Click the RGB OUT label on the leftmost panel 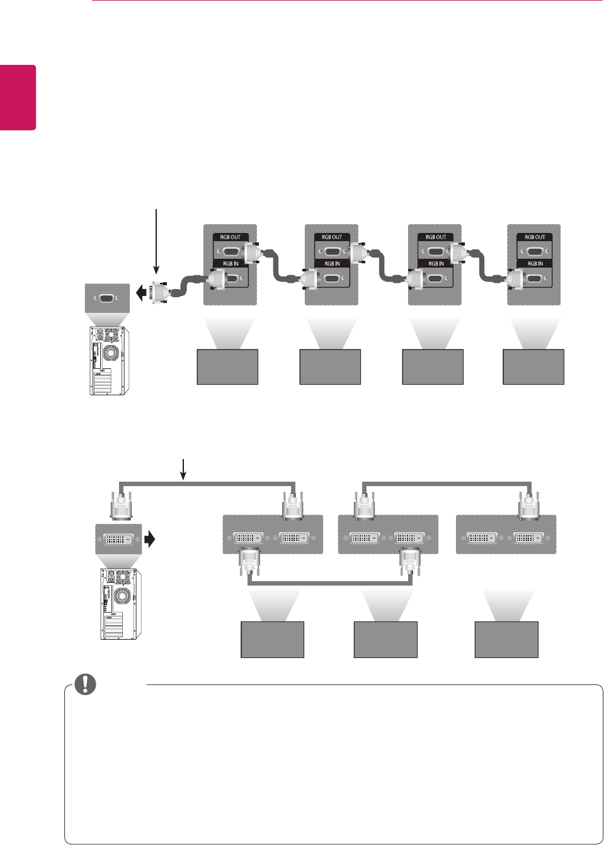(231, 237)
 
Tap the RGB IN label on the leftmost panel (231, 264)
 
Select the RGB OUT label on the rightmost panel (535, 237)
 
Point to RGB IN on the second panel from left (332, 264)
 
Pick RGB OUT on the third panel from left (435, 237)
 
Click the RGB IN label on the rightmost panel (535, 264)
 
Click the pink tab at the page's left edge (18, 97)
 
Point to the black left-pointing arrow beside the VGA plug (141, 293)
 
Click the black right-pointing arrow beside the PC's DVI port (149, 539)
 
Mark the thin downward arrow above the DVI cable (183, 468)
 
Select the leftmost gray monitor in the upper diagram (227, 366)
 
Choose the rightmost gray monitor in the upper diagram (533, 366)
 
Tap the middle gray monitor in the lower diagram (385, 640)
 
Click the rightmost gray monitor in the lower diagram (506, 640)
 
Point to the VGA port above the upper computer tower (107, 298)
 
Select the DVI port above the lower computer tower (118, 540)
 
